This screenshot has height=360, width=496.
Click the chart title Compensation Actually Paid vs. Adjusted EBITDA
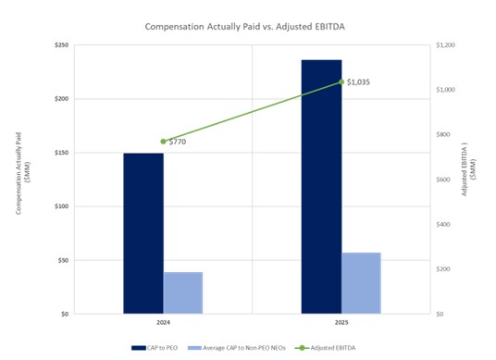[x=247, y=27]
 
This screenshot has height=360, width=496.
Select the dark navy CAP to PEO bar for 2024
[x=143, y=233]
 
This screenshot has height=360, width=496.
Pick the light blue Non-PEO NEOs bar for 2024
[x=183, y=292]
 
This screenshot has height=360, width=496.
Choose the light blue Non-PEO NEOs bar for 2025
[x=361, y=283]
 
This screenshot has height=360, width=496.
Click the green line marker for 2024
[x=163, y=142]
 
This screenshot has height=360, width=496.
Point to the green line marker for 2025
[x=341, y=82]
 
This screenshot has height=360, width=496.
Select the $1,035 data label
[x=359, y=82]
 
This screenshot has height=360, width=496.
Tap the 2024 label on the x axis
[x=163, y=323]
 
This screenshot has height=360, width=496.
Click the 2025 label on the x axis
[x=341, y=323]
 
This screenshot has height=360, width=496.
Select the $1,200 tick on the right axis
[x=448, y=44]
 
